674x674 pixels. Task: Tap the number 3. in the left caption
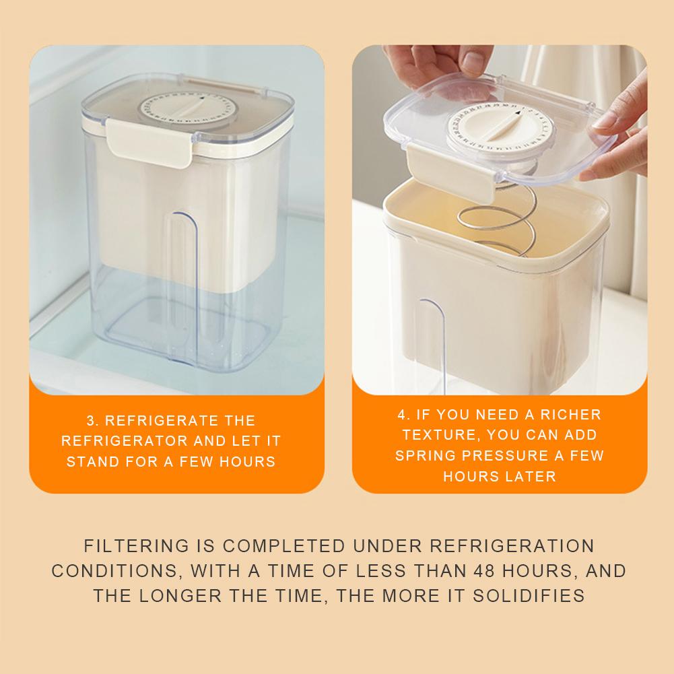point(93,421)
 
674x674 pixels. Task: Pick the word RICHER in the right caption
point(572,414)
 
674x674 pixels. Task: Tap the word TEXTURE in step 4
point(430,435)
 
